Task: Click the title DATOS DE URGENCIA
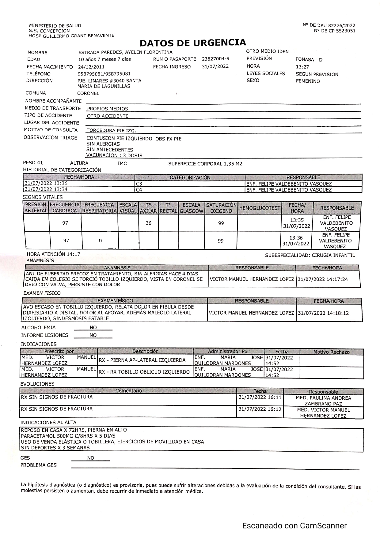(x=193, y=43)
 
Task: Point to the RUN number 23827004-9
(x=215, y=59)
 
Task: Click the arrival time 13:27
(x=302, y=67)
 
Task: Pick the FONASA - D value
(x=309, y=60)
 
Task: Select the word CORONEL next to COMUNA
(x=88, y=94)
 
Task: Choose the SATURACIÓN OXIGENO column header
(x=221, y=208)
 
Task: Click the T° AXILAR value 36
(x=148, y=223)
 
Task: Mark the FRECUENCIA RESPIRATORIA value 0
(x=100, y=241)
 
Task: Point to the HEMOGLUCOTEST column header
(x=259, y=208)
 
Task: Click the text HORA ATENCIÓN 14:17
(x=54, y=254)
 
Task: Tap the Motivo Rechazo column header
(x=331, y=352)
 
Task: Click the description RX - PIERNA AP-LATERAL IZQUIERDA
(x=142, y=360)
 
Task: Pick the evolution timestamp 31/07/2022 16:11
(x=260, y=397)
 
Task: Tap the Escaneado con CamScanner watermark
(x=294, y=526)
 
